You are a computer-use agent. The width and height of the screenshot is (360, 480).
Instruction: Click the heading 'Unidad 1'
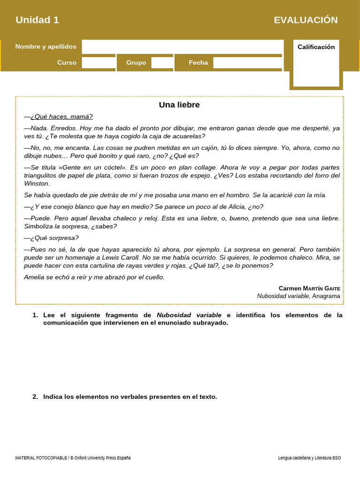coord(37,20)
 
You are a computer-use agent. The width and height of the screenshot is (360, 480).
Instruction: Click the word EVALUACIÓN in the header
coord(306,20)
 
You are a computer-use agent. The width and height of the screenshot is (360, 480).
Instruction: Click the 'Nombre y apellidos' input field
coord(182,47)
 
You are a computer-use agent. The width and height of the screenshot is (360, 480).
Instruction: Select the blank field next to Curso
coord(98,63)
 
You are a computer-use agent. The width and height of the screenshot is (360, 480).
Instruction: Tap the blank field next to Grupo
coord(162,63)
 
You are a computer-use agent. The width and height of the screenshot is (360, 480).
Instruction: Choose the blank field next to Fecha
coord(247,63)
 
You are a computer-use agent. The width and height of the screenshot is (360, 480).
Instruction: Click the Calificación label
coord(316,47)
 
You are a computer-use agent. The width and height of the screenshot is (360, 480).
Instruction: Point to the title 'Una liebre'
coord(179,105)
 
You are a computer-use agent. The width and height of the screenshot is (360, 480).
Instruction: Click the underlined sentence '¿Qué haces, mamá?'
coord(61,117)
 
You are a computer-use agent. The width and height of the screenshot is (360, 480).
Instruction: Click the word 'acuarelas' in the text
coord(188,136)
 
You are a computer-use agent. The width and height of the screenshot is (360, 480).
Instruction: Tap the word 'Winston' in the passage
coord(37,184)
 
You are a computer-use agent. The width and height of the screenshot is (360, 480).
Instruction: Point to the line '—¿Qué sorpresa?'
coord(52,238)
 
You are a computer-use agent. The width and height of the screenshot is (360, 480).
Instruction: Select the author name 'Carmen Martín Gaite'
coord(309,288)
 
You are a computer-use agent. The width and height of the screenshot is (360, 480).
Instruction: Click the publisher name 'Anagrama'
coord(326,296)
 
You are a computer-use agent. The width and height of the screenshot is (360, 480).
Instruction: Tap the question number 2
coord(35,397)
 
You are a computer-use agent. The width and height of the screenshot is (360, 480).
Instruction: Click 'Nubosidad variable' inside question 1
coord(189,315)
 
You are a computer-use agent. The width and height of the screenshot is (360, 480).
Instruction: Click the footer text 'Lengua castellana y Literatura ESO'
coord(309,458)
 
